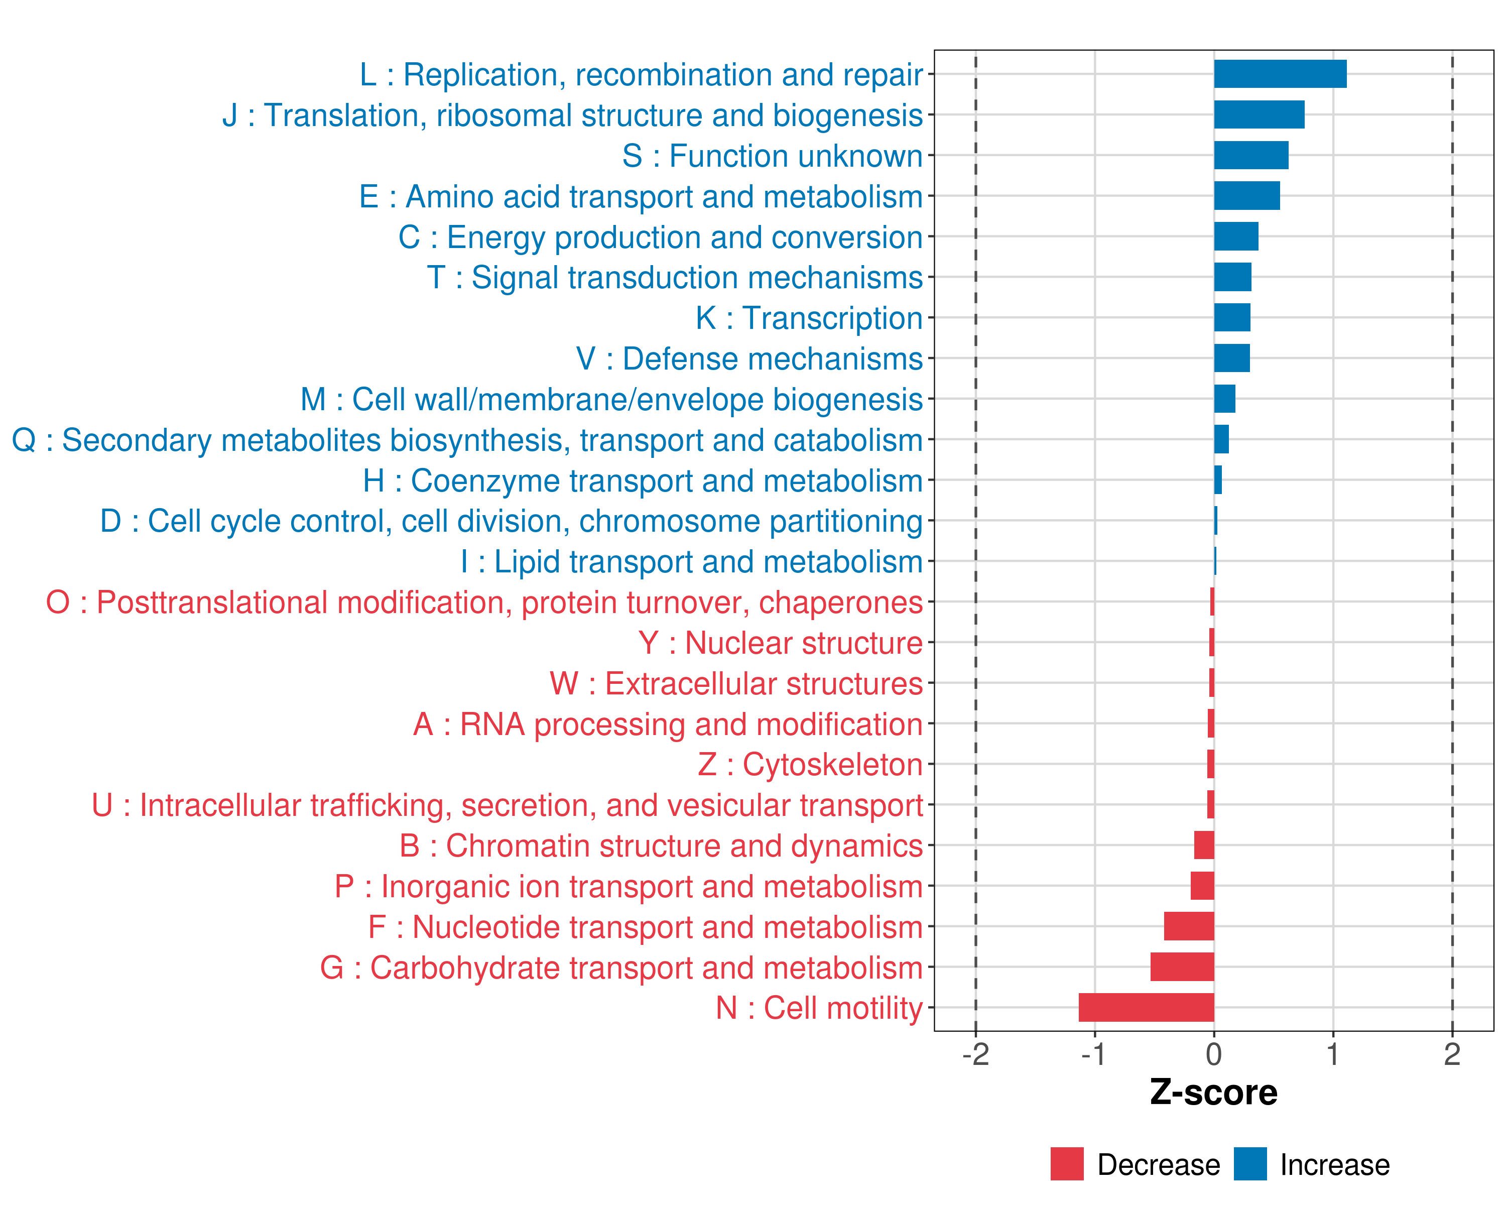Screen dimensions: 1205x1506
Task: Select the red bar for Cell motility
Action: (1146, 1007)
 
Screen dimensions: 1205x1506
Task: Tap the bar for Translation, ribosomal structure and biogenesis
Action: (1259, 114)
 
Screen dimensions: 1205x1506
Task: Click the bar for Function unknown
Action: (1251, 155)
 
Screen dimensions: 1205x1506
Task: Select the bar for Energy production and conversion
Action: (1236, 236)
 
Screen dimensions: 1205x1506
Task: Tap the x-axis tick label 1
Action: (1333, 1055)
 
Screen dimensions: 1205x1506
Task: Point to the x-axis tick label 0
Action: (1214, 1055)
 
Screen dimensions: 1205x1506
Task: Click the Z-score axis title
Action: (1213, 1093)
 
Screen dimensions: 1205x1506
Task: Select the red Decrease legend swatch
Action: (1067, 1164)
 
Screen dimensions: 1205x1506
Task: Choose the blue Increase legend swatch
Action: (1249, 1164)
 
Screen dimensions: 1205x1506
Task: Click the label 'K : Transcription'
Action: (809, 318)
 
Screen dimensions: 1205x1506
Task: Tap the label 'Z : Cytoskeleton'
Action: (810, 765)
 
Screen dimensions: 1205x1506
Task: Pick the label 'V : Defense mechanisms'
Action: (749, 359)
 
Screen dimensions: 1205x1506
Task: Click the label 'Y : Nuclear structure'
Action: (780, 643)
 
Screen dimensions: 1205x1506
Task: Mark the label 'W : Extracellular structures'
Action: (736, 684)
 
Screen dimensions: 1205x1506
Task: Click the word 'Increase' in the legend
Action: (1334, 1165)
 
